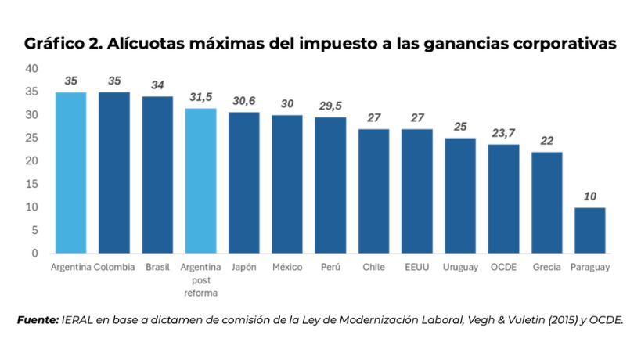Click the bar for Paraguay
tap(589, 230)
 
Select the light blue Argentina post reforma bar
tap(200, 181)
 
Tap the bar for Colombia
tap(114, 173)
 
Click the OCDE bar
tap(503, 199)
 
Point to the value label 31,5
tap(201, 96)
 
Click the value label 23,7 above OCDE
tap(503, 132)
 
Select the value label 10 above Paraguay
tap(589, 196)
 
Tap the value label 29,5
tap(330, 106)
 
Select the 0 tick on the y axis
tap(34, 254)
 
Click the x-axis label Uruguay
tap(460, 267)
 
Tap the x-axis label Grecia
tap(546, 267)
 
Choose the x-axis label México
tap(287, 267)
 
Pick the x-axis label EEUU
tap(416, 267)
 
